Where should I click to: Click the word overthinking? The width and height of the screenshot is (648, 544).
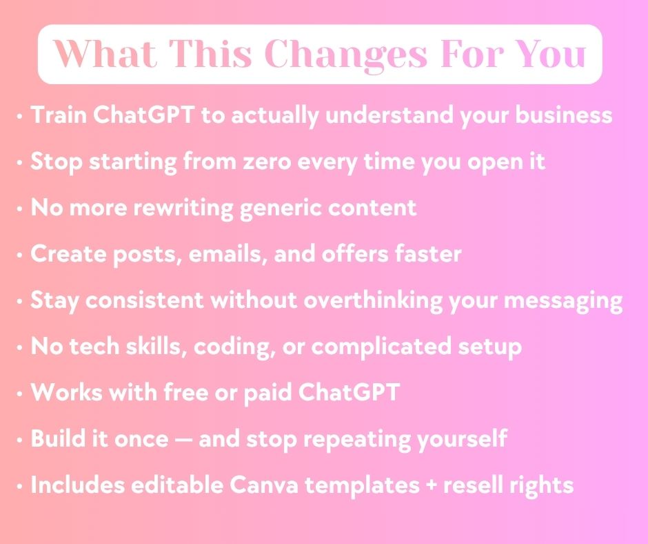click(x=373, y=300)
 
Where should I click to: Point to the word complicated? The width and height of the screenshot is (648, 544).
click(x=381, y=347)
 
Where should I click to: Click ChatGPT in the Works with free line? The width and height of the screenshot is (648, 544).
click(x=349, y=392)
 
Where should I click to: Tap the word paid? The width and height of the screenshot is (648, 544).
click(x=267, y=394)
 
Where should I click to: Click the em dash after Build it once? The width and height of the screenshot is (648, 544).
click(x=183, y=440)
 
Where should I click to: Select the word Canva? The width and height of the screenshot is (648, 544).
click(x=263, y=485)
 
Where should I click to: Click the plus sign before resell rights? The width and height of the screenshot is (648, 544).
click(x=431, y=485)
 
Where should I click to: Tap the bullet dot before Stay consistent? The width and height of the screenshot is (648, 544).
click(x=19, y=301)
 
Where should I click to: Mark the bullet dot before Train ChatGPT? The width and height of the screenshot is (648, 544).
click(x=19, y=116)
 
